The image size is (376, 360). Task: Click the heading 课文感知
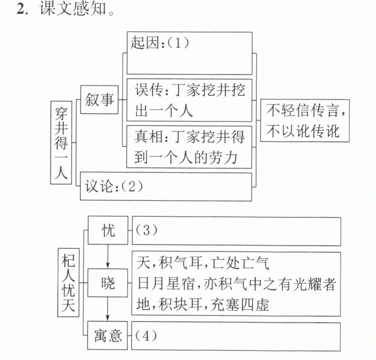(73, 9)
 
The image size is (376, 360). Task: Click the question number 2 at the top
(21, 9)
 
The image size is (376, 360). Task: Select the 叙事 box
(99, 100)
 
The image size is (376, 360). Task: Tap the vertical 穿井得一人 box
(61, 143)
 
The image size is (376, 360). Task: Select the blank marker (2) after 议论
(131, 186)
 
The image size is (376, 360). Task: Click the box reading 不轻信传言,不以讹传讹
(305, 120)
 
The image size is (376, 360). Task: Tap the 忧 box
(108, 230)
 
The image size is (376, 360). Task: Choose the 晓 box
(107, 283)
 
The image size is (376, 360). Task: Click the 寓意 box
(107, 335)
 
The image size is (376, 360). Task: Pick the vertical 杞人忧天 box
(68, 283)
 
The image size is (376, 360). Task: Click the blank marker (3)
(146, 230)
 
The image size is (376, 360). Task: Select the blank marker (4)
(146, 336)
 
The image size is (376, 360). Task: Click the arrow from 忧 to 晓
(108, 257)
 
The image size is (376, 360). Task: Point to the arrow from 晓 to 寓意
(107, 309)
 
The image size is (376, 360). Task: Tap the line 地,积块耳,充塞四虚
(203, 305)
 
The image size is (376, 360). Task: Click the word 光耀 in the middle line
(308, 284)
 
